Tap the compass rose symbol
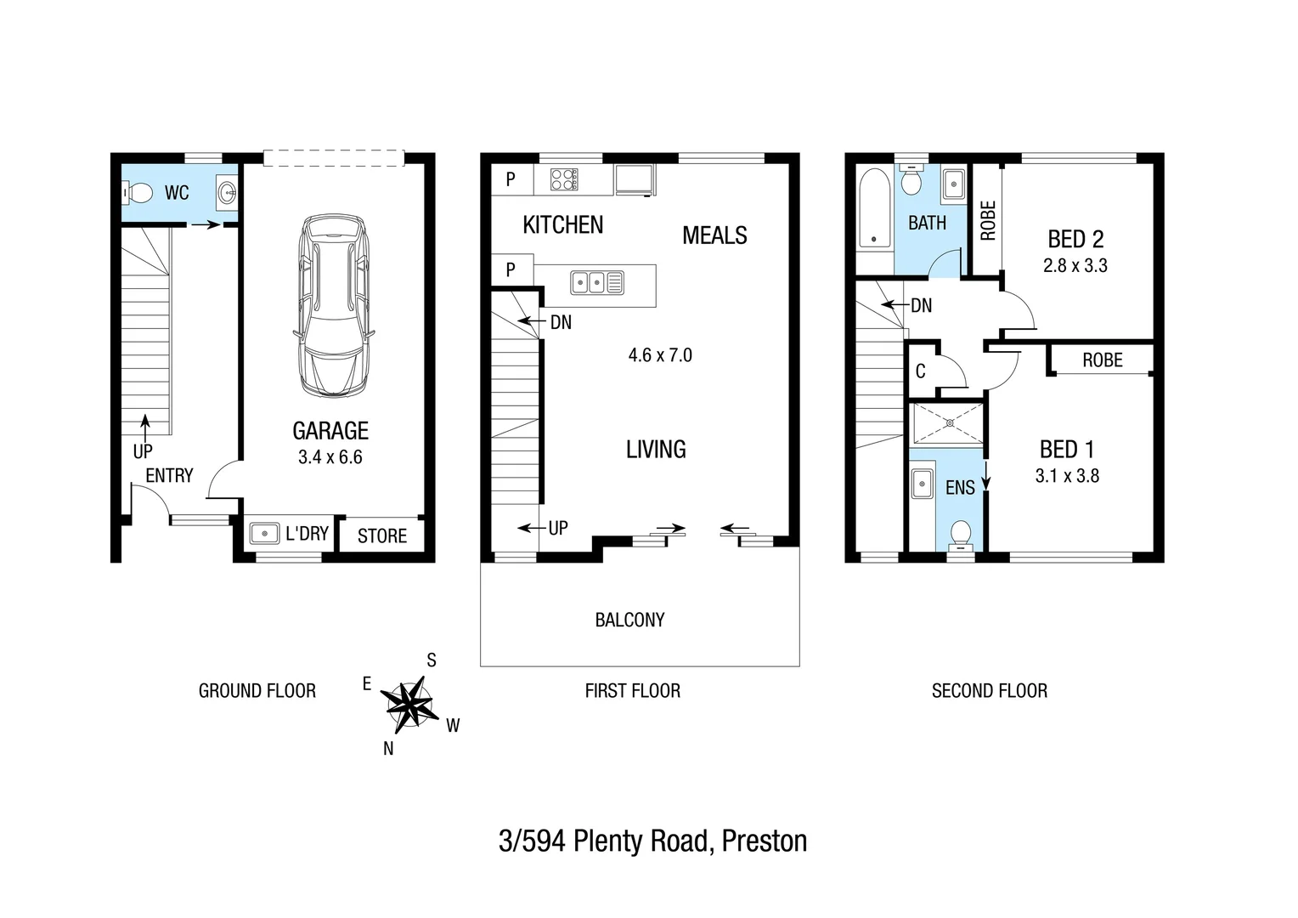point(408,704)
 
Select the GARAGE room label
point(330,431)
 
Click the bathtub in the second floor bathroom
point(873,208)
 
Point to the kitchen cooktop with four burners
point(564,179)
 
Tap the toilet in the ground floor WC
point(138,194)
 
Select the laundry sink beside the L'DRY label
point(264,534)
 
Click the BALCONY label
point(629,620)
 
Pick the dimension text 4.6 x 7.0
point(660,355)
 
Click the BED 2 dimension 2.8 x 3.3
point(1075,265)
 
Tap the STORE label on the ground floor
point(381,535)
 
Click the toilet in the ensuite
point(961,534)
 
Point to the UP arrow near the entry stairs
point(144,429)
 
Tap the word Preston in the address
point(764,841)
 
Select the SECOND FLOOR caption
point(989,691)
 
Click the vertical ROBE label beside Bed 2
point(987,220)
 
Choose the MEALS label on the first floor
point(714,235)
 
